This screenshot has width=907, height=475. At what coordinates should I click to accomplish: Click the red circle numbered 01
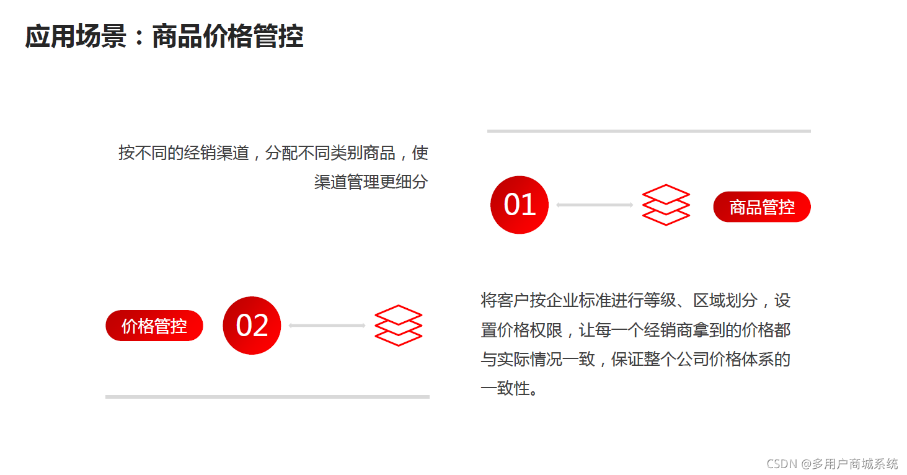(519, 205)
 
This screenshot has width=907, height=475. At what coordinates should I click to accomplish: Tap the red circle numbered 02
(252, 326)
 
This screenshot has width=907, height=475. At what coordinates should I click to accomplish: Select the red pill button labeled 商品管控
(762, 207)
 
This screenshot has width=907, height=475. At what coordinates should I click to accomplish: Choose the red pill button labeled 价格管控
(154, 326)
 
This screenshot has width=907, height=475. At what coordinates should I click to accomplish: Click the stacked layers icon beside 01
(666, 205)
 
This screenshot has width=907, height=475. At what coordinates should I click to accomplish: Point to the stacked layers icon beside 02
(398, 326)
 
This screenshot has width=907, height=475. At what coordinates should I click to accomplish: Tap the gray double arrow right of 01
(595, 205)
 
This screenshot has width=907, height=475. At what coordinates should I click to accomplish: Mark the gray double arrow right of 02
(327, 326)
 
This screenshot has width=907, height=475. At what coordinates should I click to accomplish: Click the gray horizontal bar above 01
(648, 131)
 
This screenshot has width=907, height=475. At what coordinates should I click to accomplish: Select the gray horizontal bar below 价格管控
(267, 396)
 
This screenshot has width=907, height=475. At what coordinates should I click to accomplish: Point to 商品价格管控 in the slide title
(228, 37)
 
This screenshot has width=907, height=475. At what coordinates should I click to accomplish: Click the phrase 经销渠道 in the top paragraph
(216, 153)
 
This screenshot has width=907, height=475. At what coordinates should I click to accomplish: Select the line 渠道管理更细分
(371, 182)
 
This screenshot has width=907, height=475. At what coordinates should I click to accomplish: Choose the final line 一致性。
(510, 389)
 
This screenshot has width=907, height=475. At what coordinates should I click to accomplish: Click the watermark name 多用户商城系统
(855, 463)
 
